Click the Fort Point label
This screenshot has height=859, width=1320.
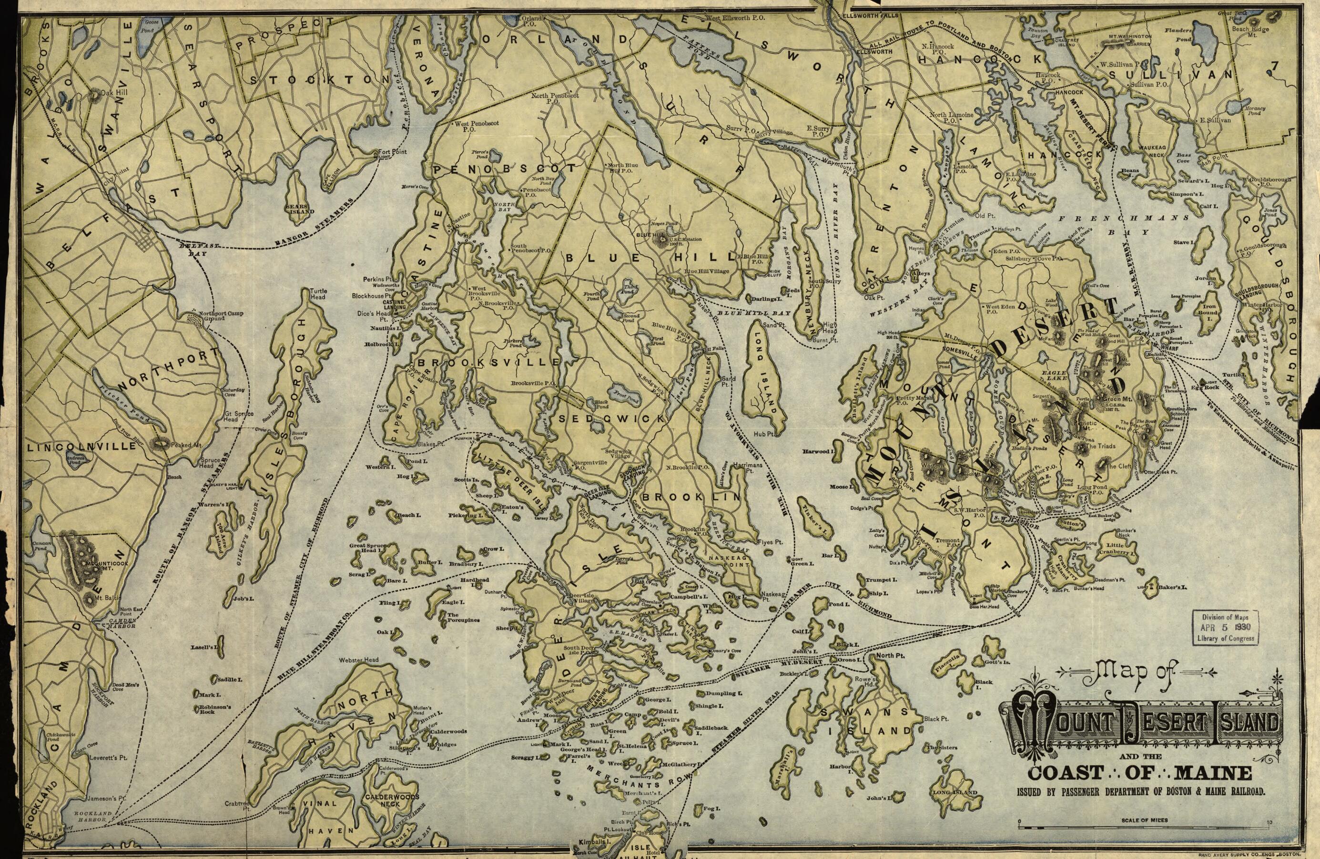tap(392, 152)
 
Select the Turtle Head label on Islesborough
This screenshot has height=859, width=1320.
tap(318, 294)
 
